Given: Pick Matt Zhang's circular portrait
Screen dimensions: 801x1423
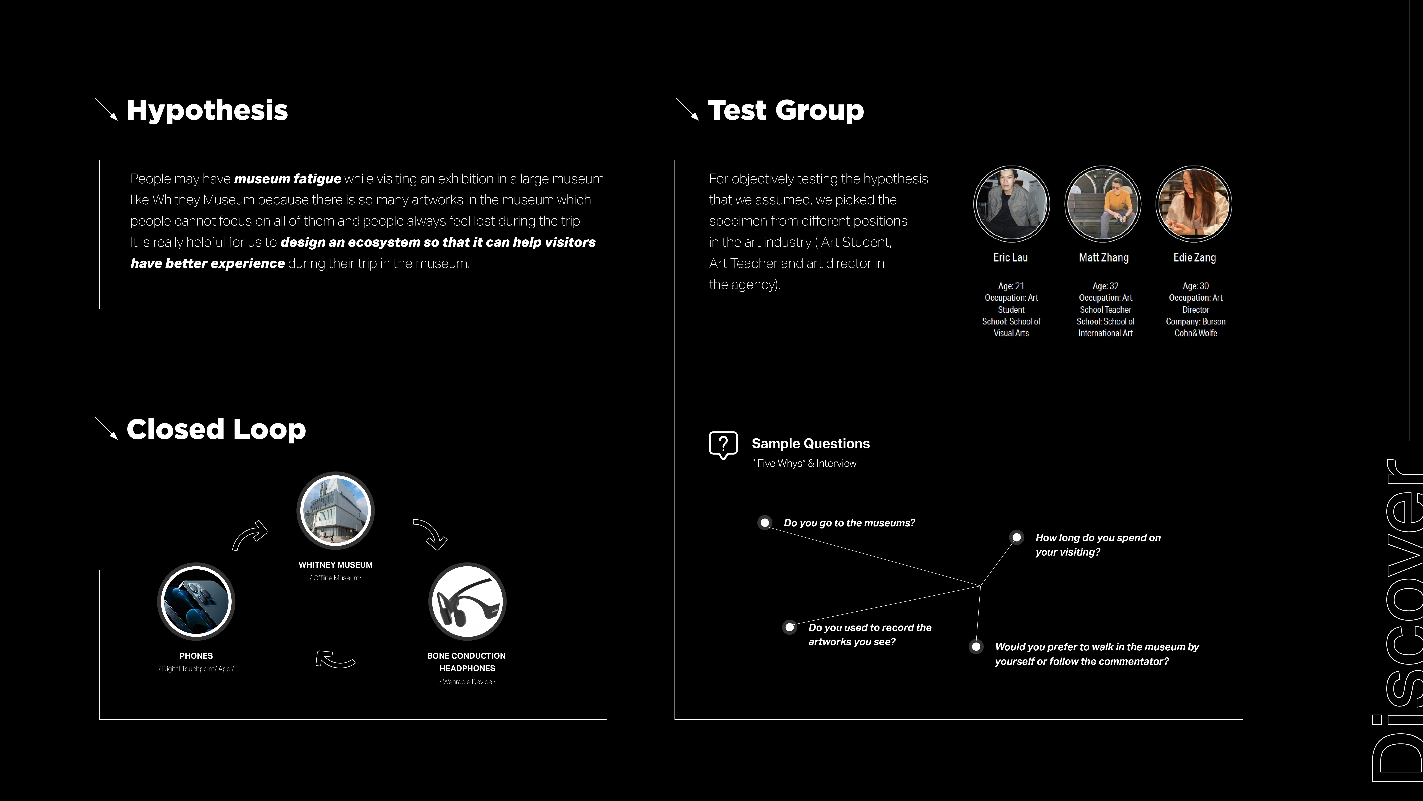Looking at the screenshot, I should tap(1103, 204).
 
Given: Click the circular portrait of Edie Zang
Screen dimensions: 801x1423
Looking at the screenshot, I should tap(1194, 204).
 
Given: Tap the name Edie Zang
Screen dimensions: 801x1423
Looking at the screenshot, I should tap(1194, 258).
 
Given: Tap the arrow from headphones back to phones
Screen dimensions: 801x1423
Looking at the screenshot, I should tap(335, 659).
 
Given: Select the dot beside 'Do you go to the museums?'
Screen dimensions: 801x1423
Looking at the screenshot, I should tap(765, 522).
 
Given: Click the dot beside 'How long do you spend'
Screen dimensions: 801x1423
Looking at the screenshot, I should tap(1016, 537).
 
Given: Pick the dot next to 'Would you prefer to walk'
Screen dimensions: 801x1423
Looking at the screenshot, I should tap(976, 647).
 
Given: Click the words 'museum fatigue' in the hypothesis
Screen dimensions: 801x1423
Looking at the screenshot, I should tap(287, 179).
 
